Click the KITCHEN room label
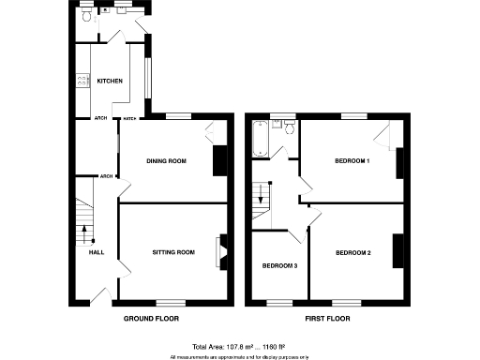pyautogui.click(x=110, y=82)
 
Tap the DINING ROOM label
pyautogui.click(x=166, y=161)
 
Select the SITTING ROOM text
pyautogui.click(x=173, y=252)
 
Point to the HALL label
pyautogui.click(x=96, y=252)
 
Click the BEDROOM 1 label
pyautogui.click(x=352, y=161)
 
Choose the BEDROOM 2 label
pyautogui.click(x=353, y=252)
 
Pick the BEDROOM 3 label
pyautogui.click(x=279, y=266)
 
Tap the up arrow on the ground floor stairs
pyautogui.click(x=82, y=225)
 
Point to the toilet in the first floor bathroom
pyautogui.click(x=289, y=128)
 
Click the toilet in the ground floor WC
pyautogui.click(x=86, y=17)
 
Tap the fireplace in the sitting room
pyautogui.click(x=220, y=251)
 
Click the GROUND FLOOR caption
pyautogui.click(x=151, y=320)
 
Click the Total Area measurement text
pyautogui.click(x=240, y=347)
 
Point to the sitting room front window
pyautogui.click(x=170, y=302)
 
